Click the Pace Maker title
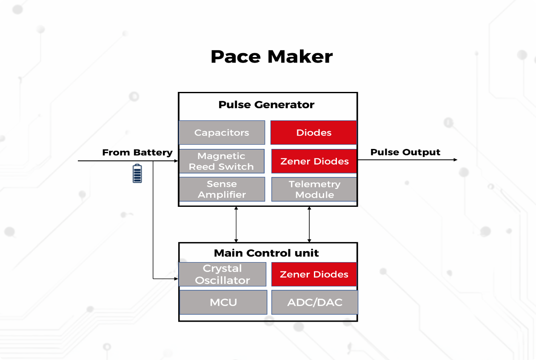[x=271, y=57]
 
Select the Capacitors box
[x=222, y=132]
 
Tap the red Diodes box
[x=314, y=132]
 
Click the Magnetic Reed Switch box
[x=221, y=161]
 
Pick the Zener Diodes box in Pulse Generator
[x=314, y=161]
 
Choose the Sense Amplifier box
[x=222, y=189]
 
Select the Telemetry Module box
[x=314, y=189]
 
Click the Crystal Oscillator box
[x=222, y=274]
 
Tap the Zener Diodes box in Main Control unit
[x=314, y=274]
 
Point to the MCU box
[x=223, y=303]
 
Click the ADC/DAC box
[x=315, y=303]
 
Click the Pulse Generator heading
[x=266, y=105]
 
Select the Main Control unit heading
[x=266, y=253]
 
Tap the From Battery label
[x=137, y=152]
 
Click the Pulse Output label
[x=405, y=152]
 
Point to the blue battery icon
[x=137, y=173]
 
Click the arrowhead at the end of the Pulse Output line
[x=455, y=160]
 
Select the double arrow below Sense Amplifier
[x=236, y=225]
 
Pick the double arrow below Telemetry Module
[x=309, y=225]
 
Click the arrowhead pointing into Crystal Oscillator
[x=176, y=279]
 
